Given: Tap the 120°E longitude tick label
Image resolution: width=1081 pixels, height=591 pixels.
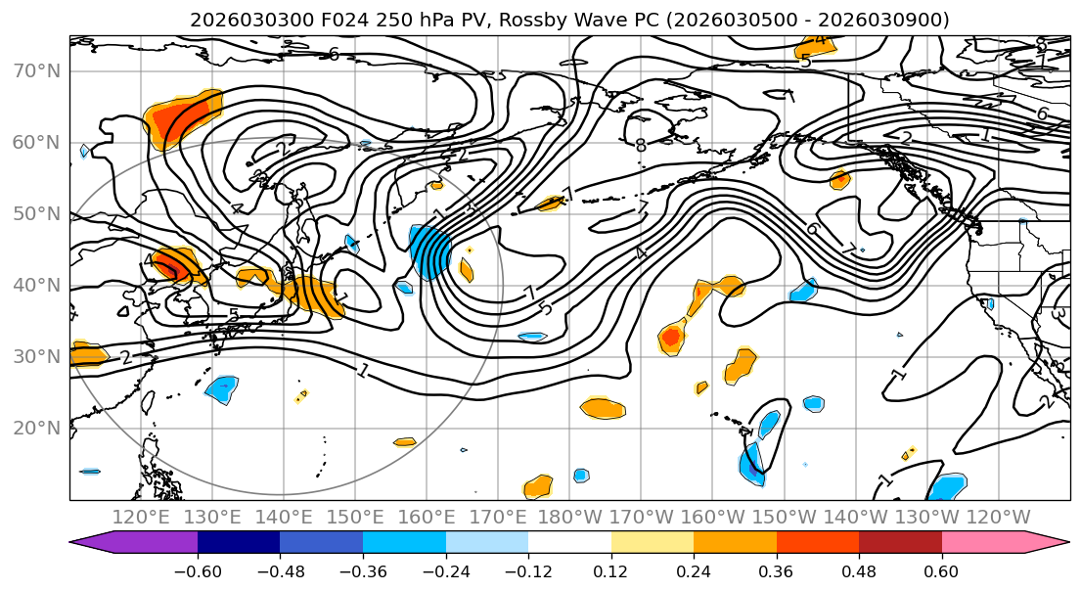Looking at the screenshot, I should coord(141,517).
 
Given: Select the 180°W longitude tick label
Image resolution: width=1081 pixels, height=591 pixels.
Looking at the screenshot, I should coord(570,517).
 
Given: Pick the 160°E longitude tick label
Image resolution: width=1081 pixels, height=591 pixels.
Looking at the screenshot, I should coord(428,517).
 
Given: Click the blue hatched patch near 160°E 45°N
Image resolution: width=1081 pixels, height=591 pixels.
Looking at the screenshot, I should coord(430,251).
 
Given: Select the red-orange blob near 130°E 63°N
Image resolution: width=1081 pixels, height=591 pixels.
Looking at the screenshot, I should coord(181,117).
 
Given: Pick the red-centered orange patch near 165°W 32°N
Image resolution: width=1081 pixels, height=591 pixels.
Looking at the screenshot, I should coord(671,338).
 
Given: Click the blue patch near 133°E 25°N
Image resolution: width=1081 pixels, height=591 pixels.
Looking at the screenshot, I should coord(223,388).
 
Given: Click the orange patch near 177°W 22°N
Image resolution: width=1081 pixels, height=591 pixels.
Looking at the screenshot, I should coord(604,408).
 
